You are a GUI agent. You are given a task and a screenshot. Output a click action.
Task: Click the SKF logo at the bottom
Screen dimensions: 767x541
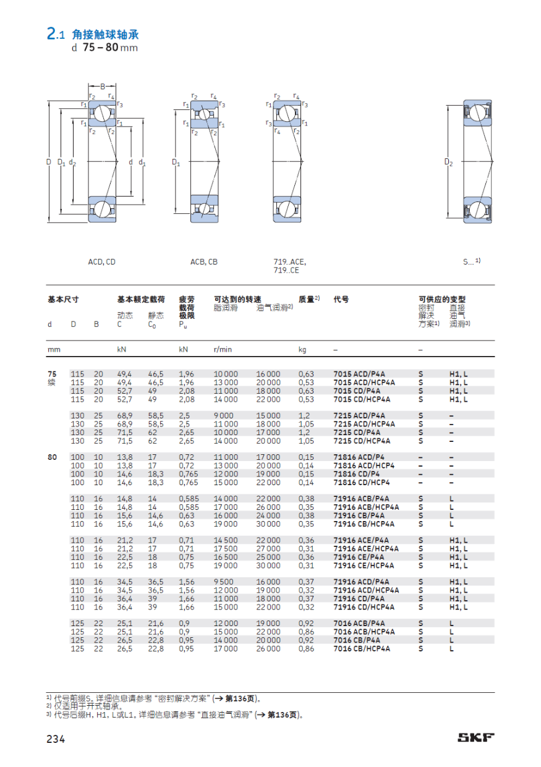coord(475,737)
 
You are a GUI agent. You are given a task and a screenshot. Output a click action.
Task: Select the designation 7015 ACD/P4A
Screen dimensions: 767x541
coord(359,374)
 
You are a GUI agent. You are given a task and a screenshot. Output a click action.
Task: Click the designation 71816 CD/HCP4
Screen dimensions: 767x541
coord(362,482)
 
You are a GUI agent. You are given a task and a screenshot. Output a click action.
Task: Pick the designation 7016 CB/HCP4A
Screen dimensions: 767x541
coord(362,649)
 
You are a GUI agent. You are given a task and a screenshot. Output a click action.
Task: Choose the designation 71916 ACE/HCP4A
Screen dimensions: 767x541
coord(366,549)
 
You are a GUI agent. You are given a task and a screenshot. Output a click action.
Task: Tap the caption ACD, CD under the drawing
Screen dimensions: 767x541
coord(101,262)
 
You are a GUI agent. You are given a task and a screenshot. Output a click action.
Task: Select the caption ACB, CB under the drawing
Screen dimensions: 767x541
coord(204,262)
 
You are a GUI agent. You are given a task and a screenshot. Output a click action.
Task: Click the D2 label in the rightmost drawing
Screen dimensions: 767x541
coord(448,163)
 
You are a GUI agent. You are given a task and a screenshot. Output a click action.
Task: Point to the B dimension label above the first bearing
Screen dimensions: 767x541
coord(103,86)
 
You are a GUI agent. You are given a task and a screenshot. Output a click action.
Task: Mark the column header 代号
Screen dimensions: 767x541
coord(341,299)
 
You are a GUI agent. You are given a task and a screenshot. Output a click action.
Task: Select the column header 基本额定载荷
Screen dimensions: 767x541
coord(141,299)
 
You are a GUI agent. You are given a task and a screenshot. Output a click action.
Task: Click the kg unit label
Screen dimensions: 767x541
coord(302,349)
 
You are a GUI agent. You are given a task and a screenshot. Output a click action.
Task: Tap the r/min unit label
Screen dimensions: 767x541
coord(223,349)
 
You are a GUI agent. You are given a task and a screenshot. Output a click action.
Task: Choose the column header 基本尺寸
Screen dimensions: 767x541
coord(63,299)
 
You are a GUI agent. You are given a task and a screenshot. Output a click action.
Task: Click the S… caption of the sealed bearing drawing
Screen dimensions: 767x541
coord(470,262)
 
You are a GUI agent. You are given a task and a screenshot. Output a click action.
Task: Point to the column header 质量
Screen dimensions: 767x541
coord(307,299)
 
